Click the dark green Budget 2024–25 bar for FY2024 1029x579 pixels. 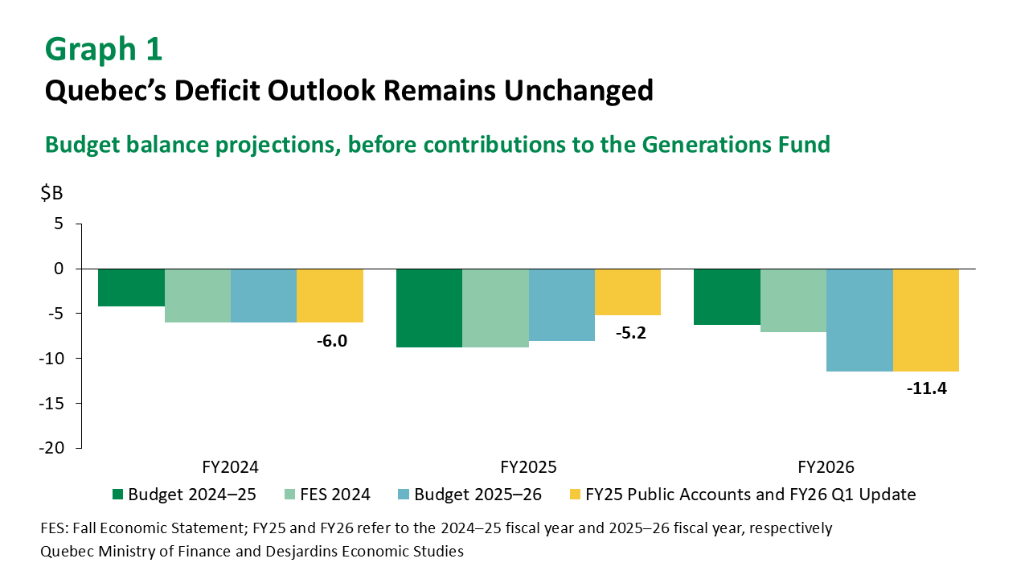click(132, 287)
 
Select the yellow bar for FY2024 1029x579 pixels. click(330, 295)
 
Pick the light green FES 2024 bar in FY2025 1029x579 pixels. click(495, 308)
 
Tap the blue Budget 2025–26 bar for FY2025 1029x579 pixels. click(561, 305)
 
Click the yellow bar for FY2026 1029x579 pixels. click(925, 320)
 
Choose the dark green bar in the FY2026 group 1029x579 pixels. click(727, 297)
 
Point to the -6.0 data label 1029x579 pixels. click(330, 340)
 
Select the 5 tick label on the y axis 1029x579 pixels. click(58, 224)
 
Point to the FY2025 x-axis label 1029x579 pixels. click(528, 467)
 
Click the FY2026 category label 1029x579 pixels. click(826, 467)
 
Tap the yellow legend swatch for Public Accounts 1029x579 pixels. click(575, 495)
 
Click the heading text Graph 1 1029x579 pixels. click(104, 49)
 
